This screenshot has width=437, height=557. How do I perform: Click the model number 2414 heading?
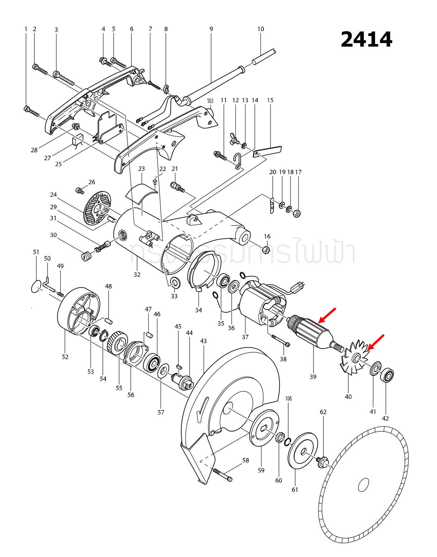pos(366,40)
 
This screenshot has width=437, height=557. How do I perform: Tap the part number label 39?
pos(313,377)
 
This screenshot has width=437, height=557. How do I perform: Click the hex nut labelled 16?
pos(266,249)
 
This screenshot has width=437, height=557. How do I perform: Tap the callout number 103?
pos(210,101)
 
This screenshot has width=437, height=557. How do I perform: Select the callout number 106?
pos(289,399)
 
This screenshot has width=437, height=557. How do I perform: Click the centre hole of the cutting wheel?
pos(363,485)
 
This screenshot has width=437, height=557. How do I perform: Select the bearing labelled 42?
pos(387,375)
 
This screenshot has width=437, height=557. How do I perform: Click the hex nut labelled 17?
pos(297,213)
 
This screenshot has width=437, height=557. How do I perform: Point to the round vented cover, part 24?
pos(97,208)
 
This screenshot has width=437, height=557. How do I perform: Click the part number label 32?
pos(137,274)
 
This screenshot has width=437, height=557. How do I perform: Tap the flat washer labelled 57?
pos(163,371)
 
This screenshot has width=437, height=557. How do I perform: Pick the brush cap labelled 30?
pos(85,256)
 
